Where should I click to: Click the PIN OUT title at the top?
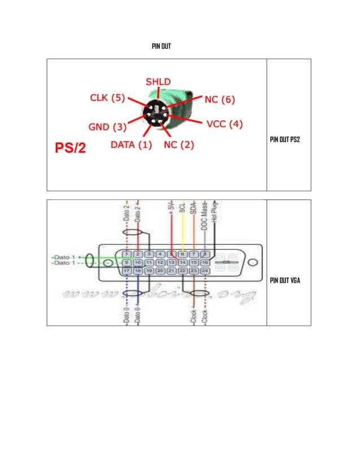pyautogui.click(x=161, y=46)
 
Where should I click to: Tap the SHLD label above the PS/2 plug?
pyautogui.click(x=158, y=82)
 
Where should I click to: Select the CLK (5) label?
pyautogui.click(x=107, y=98)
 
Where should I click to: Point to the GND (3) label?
pyautogui.click(x=107, y=126)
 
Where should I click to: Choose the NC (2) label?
pyautogui.click(x=179, y=144)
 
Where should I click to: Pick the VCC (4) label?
pyautogui.click(x=225, y=123)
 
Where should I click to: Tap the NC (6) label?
pyautogui.click(x=219, y=100)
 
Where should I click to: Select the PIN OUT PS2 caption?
pyautogui.click(x=285, y=139)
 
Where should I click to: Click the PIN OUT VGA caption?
pyautogui.click(x=284, y=280)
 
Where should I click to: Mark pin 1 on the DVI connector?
pyautogui.click(x=127, y=254)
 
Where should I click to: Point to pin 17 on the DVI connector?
pyautogui.click(x=127, y=271)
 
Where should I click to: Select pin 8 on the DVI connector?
pyautogui.click(x=206, y=254)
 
